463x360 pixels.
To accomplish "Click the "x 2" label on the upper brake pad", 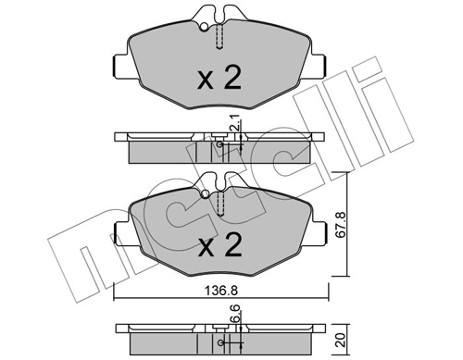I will click(219, 79).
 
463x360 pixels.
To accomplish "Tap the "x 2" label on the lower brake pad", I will click(219, 247).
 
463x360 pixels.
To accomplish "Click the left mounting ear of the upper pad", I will click(118, 67).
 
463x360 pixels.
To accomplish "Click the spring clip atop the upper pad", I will click(219, 20).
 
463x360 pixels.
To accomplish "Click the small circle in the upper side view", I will click(218, 143).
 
